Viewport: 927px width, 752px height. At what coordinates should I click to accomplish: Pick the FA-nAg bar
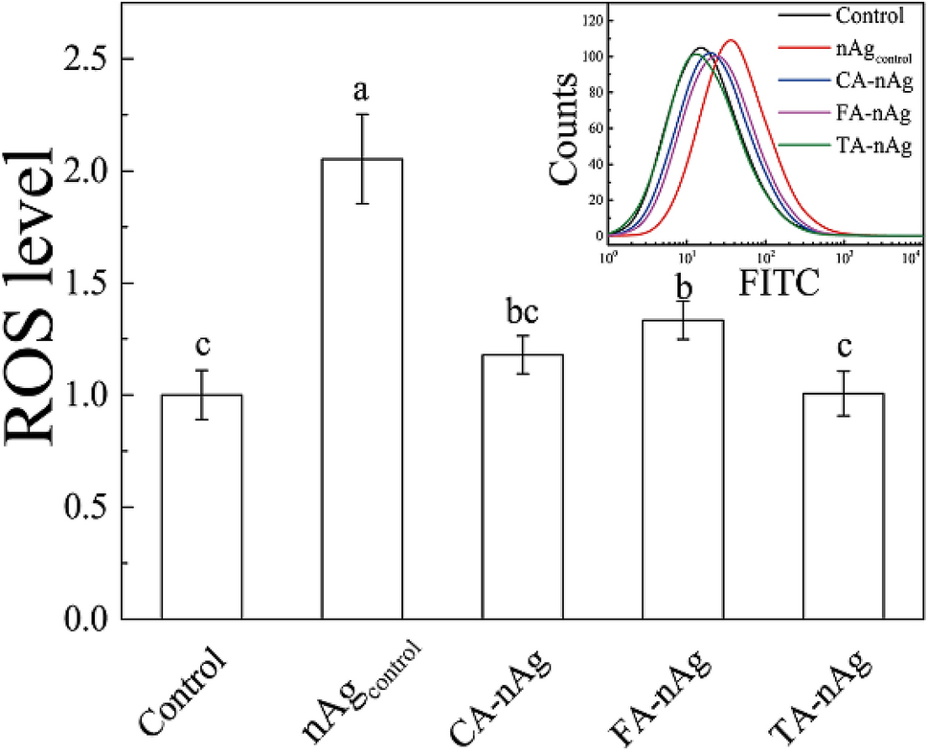pyautogui.click(x=682, y=469)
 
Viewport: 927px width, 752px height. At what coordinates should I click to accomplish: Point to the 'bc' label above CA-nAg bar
pyautogui.click(x=522, y=313)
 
